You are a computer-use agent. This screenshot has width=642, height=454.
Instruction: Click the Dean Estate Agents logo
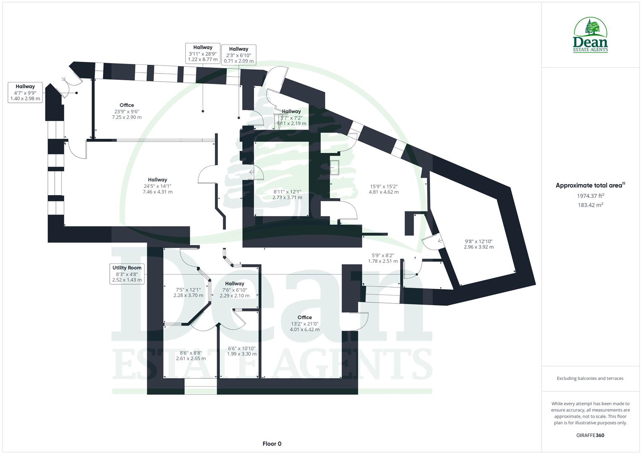[590, 35]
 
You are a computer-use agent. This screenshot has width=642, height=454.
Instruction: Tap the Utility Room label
[127, 274]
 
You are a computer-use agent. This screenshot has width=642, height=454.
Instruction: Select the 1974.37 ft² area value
[590, 195]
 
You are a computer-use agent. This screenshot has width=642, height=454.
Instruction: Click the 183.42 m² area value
[590, 205]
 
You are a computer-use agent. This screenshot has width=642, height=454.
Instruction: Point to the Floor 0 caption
[272, 443]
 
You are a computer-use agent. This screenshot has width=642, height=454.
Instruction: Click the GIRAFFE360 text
[590, 435]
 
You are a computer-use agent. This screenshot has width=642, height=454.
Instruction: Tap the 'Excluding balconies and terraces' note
[590, 378]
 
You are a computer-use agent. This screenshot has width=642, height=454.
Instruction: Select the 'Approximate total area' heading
[590, 185]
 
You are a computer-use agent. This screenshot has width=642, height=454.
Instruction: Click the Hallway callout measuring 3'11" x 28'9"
[203, 53]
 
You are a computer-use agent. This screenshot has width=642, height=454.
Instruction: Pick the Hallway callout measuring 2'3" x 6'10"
[239, 55]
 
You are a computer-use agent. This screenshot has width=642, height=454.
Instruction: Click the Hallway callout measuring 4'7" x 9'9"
[25, 93]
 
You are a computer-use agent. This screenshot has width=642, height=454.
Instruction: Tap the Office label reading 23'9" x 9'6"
[127, 111]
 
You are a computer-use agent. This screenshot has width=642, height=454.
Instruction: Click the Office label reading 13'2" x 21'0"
[304, 324]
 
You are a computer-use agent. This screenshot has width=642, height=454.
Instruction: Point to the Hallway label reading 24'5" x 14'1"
[157, 186]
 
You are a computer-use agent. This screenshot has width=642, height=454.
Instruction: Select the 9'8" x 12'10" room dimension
[478, 244]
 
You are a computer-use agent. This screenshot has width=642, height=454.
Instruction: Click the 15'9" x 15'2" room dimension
[383, 189]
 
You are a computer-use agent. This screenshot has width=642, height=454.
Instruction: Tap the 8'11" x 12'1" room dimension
[287, 195]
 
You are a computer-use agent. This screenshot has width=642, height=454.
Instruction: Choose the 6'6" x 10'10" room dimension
[242, 351]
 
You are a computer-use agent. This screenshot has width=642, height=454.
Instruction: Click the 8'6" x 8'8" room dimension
[191, 356]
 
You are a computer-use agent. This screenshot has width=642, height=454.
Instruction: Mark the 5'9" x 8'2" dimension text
[383, 258]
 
